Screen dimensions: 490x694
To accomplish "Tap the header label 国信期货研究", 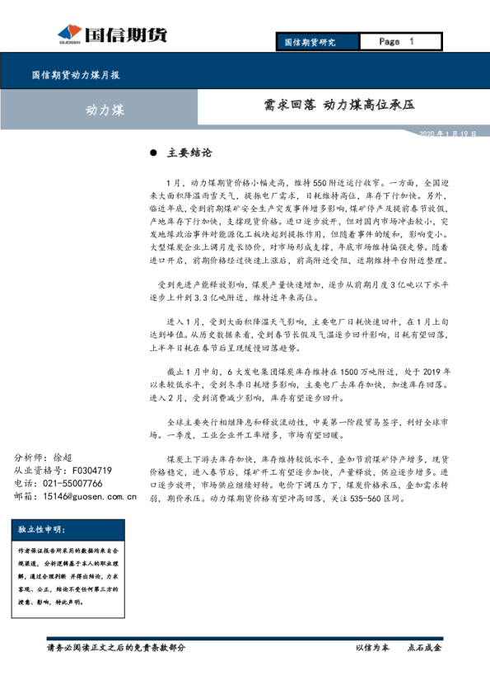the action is (x=310, y=42).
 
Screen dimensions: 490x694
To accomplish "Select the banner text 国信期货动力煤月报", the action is (x=76, y=75).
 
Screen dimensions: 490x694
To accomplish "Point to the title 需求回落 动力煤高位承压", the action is (x=338, y=106).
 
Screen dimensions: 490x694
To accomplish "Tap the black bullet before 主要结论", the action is (x=153, y=154).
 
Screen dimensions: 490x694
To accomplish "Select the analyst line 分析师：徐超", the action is (x=44, y=458).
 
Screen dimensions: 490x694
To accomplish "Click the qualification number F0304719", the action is (x=92, y=471).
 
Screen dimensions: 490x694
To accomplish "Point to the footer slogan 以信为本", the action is (x=371, y=648).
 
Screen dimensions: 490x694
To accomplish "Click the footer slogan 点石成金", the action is (x=424, y=648).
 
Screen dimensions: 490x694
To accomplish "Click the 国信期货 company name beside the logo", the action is (x=133, y=35).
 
